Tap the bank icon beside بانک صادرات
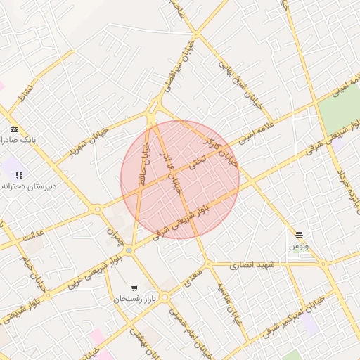coord(14,130)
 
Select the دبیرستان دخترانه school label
coord(27,186)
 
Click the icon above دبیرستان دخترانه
coord(19,175)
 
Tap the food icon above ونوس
coord(299,235)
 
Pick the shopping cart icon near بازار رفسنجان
coord(134,288)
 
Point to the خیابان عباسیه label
coord(229,302)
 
